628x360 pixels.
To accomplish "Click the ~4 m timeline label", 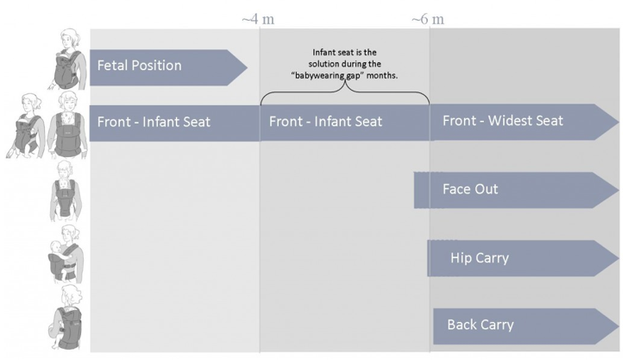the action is [258, 19].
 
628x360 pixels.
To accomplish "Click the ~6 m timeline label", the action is [428, 19].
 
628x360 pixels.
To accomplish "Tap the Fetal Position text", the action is [140, 66].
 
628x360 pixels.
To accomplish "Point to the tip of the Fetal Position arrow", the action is [247, 67].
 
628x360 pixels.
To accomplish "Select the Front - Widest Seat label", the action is [503, 120].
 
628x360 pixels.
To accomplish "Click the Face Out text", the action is [470, 189].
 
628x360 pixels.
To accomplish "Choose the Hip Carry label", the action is [480, 258].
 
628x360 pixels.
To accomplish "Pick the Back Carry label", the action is [480, 325].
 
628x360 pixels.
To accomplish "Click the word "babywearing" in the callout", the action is [320, 75].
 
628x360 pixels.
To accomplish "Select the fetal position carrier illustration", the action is [69, 60].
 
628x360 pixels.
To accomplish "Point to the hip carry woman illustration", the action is [66, 254].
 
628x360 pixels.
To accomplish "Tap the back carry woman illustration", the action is [66, 317].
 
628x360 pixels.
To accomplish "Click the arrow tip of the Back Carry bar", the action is [619, 326].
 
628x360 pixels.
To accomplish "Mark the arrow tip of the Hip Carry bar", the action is [619, 258].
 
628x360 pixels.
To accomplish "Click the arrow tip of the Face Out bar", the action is [619, 190].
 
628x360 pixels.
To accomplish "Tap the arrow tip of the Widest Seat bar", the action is [619, 122].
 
